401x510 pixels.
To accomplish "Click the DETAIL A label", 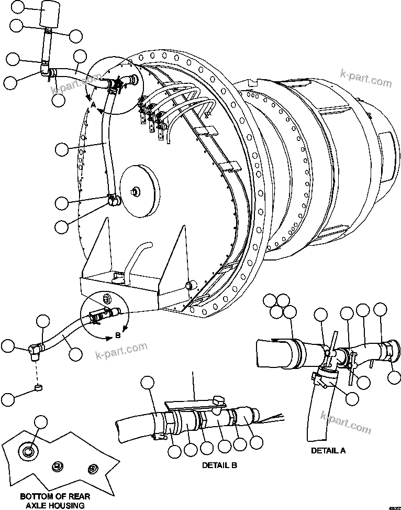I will [328, 450].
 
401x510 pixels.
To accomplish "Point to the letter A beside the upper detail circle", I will [93, 105].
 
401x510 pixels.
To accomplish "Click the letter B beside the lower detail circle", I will [118, 335].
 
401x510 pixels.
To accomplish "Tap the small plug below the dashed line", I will [38, 388].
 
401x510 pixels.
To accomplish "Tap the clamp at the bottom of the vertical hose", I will [113, 199].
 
